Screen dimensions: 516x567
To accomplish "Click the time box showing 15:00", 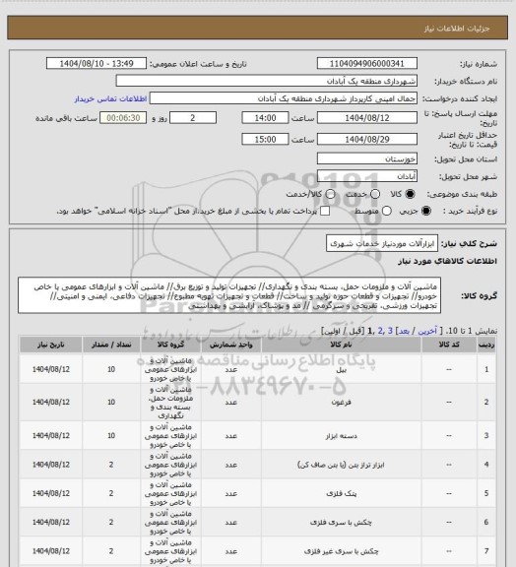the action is (263, 140).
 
